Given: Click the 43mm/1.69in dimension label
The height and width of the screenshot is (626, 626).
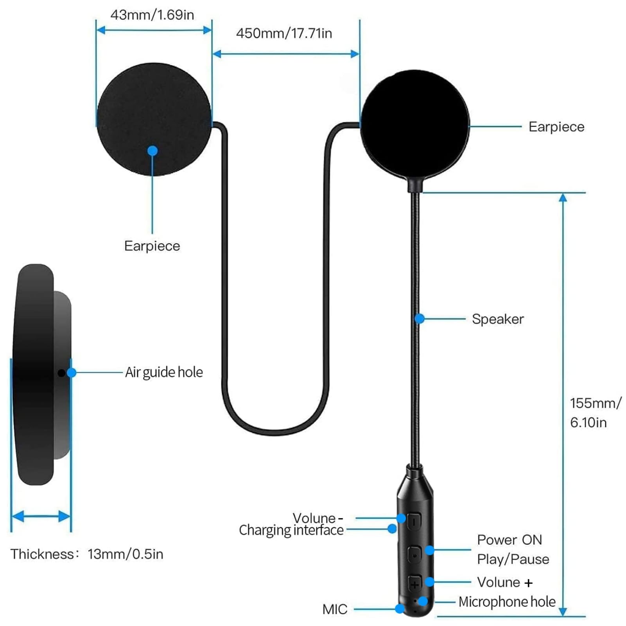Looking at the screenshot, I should pyautogui.click(x=152, y=15).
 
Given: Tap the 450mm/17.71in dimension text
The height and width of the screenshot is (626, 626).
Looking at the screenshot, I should pyautogui.click(x=284, y=33).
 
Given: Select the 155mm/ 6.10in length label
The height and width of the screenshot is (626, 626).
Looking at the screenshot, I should pyautogui.click(x=594, y=413).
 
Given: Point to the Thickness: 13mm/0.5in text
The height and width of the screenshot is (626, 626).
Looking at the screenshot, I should pyautogui.click(x=87, y=554).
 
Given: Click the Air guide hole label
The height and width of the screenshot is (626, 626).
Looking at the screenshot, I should pyautogui.click(x=164, y=372).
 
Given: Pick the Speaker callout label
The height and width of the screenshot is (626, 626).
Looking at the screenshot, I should pyautogui.click(x=498, y=319).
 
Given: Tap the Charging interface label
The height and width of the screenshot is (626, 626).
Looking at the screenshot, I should pyautogui.click(x=291, y=530).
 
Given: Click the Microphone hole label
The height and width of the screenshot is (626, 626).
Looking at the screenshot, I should pyautogui.click(x=507, y=602).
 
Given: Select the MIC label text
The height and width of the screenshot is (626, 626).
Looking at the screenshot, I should pyautogui.click(x=335, y=609).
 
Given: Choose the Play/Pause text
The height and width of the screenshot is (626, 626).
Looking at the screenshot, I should pyautogui.click(x=513, y=559).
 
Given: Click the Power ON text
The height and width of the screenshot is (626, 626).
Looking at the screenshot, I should pyautogui.click(x=509, y=540).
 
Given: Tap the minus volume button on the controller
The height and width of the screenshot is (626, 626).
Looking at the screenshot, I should pyautogui.click(x=414, y=521).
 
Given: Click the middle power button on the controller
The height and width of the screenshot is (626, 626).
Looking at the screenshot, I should pyautogui.click(x=414, y=554).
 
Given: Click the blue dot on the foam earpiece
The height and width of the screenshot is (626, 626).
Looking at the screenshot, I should pyautogui.click(x=152, y=151).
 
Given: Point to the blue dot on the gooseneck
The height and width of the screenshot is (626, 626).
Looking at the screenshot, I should pyautogui.click(x=420, y=319).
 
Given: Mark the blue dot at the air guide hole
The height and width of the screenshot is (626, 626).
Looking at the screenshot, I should pyautogui.click(x=72, y=373).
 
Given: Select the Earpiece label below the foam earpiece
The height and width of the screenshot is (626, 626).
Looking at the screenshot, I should pyautogui.click(x=152, y=246).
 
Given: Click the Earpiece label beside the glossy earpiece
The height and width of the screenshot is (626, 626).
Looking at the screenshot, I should pyautogui.click(x=556, y=127).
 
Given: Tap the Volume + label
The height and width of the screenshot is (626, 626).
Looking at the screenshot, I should pyautogui.click(x=505, y=582).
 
